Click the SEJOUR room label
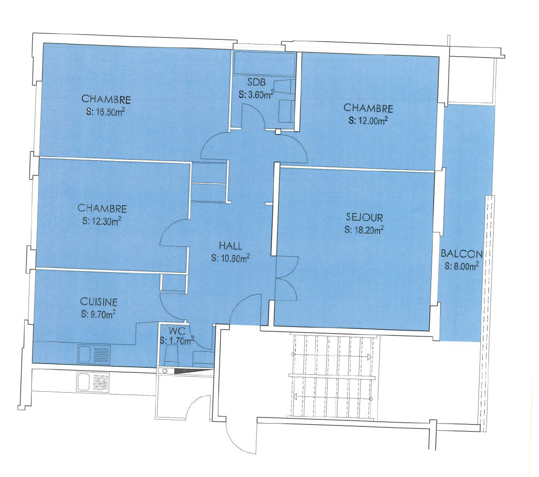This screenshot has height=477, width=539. click(x=365, y=217)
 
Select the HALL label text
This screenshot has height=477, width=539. click(x=231, y=246)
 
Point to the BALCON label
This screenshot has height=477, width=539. click(x=461, y=254)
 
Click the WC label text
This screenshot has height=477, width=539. click(x=175, y=332)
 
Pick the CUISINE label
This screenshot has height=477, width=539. click(x=98, y=301)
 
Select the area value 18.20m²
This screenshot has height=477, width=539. click(x=364, y=230)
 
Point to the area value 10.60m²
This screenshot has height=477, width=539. click(x=231, y=258)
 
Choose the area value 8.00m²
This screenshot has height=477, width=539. click(x=461, y=266)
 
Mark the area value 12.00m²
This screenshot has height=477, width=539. click(x=368, y=120)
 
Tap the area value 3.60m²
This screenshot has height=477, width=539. click(x=256, y=95)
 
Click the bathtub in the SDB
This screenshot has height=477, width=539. click(x=264, y=63)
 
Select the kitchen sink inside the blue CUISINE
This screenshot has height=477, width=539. click(x=94, y=354)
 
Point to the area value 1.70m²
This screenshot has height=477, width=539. click(x=177, y=341)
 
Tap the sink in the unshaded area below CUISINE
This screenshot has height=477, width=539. click(x=93, y=382)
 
